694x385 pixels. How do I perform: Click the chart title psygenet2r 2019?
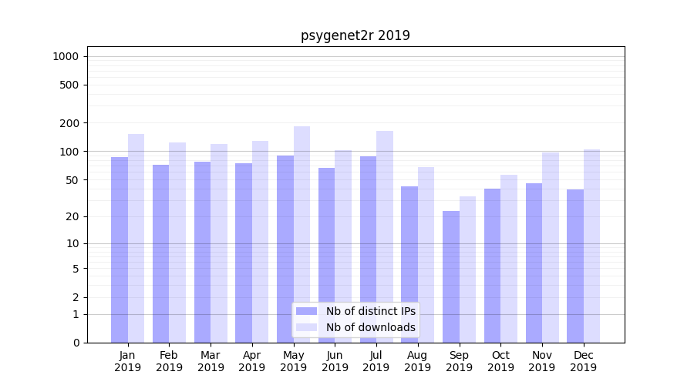[x=355, y=35]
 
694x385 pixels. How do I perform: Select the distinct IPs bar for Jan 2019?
[x=120, y=249]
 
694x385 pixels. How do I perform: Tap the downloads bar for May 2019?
[x=302, y=234]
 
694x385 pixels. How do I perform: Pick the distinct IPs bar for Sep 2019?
[x=451, y=276]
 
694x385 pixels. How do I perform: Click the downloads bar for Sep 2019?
[x=467, y=269]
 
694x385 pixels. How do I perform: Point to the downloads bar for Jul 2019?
[x=385, y=236]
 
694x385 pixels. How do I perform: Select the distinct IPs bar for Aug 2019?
[x=409, y=264]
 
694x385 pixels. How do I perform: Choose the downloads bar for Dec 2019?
[x=591, y=246]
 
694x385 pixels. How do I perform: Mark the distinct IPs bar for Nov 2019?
[x=534, y=263]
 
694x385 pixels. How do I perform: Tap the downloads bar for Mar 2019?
[x=219, y=243]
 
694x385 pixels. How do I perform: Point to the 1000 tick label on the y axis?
[x=66, y=56]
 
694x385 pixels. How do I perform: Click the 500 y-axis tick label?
[x=70, y=85]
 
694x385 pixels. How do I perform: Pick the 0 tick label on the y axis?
[x=76, y=343]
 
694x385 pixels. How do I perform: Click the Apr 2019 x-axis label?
[x=252, y=361]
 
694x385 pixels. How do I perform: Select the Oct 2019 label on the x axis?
[x=500, y=361]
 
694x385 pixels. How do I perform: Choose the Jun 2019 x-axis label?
[x=335, y=361]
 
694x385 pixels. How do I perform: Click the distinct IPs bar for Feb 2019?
[x=160, y=253]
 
